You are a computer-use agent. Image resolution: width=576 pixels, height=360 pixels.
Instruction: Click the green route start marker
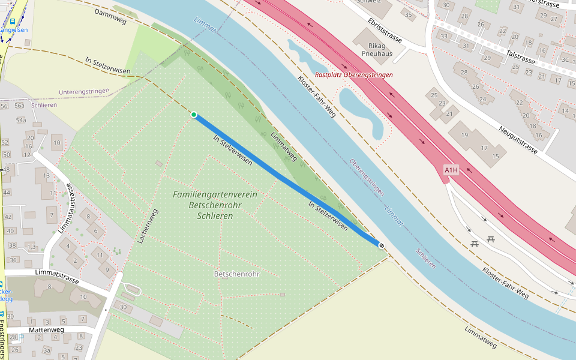(194, 115)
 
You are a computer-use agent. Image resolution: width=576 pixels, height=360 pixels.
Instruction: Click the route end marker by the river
(381, 244)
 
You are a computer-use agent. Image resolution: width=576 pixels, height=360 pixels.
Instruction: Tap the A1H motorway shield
(451, 170)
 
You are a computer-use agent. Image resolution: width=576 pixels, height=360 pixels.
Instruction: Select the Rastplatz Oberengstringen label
(354, 75)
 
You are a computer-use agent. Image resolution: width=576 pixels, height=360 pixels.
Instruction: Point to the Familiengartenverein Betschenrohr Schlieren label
(215, 205)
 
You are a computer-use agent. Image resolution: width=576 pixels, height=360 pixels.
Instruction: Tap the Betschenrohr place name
(236, 274)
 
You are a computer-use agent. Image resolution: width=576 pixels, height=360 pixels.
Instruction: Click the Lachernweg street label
(147, 226)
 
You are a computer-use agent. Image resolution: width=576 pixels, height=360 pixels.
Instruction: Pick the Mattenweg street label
(46, 330)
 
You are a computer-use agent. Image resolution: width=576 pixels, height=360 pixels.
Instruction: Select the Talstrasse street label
(520, 57)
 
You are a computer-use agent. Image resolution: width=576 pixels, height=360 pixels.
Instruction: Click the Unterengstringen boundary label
(84, 92)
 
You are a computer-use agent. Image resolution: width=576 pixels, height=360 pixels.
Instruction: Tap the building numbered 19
(464, 135)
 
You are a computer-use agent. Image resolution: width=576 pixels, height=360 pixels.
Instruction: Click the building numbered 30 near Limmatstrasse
(124, 307)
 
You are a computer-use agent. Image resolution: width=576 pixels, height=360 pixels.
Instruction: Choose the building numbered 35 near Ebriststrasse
(409, 14)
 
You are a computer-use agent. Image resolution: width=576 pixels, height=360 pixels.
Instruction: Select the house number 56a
(20, 106)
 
